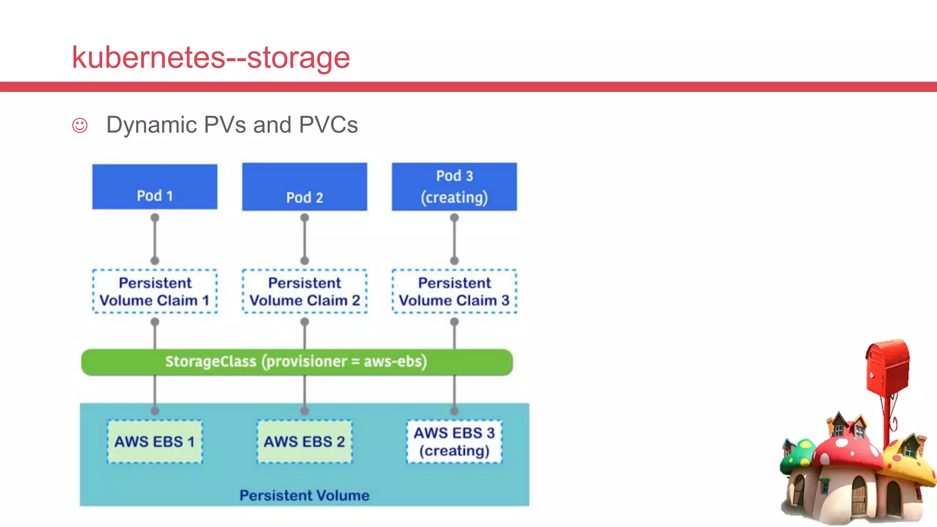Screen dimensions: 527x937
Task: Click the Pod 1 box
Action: [155, 187]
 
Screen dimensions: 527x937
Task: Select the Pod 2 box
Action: [304, 187]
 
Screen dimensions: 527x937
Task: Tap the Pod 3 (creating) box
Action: [454, 187]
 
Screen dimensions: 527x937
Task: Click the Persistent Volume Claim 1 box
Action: [155, 291]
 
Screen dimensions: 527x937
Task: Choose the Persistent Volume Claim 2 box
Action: [304, 291]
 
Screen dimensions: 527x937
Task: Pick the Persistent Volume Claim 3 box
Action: [454, 291]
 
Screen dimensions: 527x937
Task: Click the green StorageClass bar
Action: [296, 362]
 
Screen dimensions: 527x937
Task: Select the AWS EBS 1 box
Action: [155, 441]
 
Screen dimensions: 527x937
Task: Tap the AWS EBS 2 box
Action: [304, 441]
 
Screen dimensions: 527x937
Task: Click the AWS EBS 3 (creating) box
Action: [454, 441]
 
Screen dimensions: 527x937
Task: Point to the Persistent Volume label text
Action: [304, 495]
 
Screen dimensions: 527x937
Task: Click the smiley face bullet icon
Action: [80, 125]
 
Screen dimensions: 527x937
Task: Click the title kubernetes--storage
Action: [211, 58]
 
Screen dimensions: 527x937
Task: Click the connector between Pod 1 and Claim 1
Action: [155, 239]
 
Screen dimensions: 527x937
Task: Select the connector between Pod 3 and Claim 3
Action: [454, 239]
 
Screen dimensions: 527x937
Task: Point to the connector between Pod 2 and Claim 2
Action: [305, 239]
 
